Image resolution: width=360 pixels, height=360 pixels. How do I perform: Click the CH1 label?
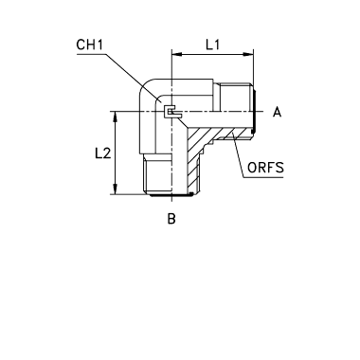click(x=89, y=45)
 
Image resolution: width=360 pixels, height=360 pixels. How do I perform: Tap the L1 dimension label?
click(x=212, y=45)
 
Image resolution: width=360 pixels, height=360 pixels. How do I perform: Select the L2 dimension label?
click(x=103, y=153)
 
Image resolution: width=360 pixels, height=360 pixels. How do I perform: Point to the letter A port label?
click(x=277, y=112)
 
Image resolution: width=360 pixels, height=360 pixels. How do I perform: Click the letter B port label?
click(x=171, y=218)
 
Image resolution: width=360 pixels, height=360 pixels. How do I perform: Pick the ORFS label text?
click(x=265, y=168)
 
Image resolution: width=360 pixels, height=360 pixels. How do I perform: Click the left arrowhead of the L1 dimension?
click(x=177, y=54)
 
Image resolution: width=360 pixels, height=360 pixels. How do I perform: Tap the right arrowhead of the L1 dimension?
click(x=248, y=54)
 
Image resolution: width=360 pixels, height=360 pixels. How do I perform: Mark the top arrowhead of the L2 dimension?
click(x=116, y=117)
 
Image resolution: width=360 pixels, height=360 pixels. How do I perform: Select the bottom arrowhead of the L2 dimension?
click(x=116, y=189)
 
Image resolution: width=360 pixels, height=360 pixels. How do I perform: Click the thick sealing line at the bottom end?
click(x=171, y=196)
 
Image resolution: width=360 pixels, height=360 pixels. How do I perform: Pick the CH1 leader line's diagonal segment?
click(x=134, y=78)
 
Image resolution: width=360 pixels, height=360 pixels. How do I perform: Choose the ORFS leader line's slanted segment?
click(x=239, y=155)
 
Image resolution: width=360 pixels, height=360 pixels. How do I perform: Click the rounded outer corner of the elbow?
click(x=146, y=86)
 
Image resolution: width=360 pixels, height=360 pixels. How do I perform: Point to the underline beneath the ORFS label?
click(x=264, y=177)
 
